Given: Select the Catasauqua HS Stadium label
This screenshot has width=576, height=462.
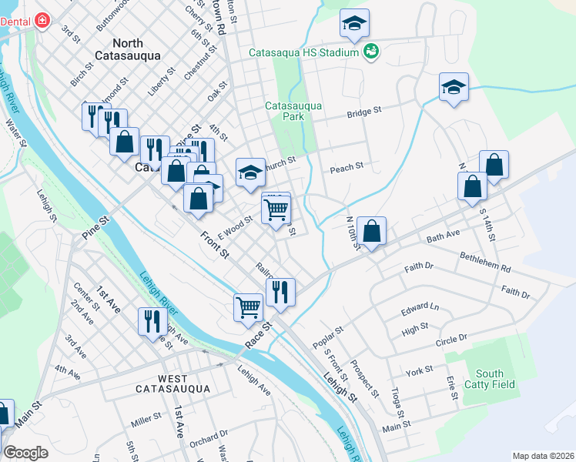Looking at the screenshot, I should pos(304,52).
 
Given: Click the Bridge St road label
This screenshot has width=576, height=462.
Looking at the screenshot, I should pos(364,112).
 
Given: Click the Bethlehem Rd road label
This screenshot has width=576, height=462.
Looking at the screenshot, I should pos(484,262).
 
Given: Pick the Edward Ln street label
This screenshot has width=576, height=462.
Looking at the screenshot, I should pos(419,310).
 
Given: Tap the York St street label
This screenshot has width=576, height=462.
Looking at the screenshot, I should pos(420,371).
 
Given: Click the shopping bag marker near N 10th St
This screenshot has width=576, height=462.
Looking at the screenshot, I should pos(371,231).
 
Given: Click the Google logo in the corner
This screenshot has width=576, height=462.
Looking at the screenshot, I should pos(25,453).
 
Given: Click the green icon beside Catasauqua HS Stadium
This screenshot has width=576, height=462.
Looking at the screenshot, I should pos(373,52).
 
